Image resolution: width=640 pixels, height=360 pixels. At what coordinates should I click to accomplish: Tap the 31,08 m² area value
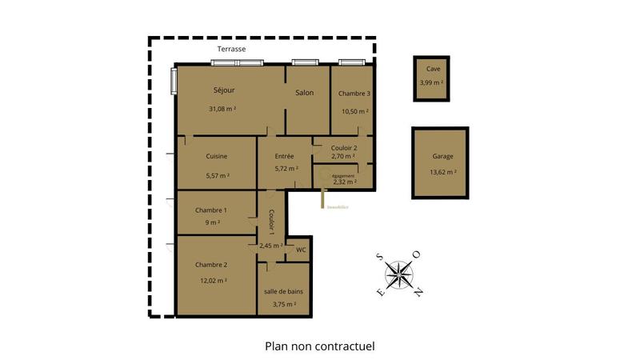222,109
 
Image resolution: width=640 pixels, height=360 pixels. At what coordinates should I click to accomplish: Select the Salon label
304,93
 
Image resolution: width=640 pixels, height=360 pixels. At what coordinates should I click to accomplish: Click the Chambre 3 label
354,94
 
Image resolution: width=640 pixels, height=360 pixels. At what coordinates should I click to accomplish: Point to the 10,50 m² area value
354,110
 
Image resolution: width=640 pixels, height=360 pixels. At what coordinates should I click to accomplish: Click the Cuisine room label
217,156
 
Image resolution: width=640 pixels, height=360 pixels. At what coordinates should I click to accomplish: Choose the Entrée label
284,156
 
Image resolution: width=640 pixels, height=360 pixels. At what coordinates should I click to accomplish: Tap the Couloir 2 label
344,147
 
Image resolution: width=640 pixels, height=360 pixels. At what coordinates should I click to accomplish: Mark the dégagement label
343,176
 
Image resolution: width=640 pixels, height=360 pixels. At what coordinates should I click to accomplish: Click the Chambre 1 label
211,210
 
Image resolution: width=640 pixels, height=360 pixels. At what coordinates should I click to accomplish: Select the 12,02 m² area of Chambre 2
213,280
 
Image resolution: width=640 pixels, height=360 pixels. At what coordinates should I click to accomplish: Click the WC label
301,250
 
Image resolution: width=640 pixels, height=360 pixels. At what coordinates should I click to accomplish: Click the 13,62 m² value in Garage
442,172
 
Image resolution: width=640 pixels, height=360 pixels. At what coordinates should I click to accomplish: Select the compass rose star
398,274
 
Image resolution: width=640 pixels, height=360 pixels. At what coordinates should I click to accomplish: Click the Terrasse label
232,50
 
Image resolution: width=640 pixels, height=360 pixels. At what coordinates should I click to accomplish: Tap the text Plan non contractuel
320,346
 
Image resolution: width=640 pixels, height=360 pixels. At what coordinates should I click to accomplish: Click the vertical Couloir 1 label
272,221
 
